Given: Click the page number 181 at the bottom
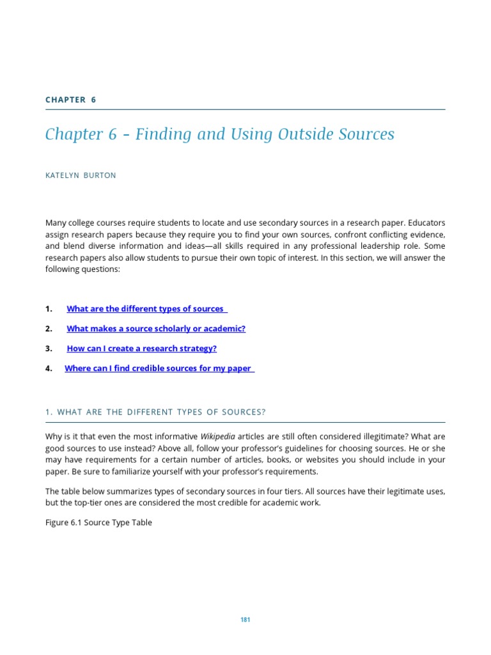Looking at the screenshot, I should pyautogui.click(x=245, y=620).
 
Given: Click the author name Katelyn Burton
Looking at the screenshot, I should pyautogui.click(x=81, y=175).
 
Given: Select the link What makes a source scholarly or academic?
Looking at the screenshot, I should pyautogui.click(x=156, y=329).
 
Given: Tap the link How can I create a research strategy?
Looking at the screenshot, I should pyautogui.click(x=142, y=349).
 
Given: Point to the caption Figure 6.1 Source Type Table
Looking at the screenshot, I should pyautogui.click(x=98, y=523).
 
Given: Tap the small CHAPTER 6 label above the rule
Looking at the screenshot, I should pyautogui.click(x=70, y=100).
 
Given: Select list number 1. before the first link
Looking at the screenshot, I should pyautogui.click(x=49, y=309).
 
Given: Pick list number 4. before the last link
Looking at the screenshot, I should pyautogui.click(x=49, y=368).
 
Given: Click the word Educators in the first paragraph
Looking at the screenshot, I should pyautogui.click(x=426, y=223).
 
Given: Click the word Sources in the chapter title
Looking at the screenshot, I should pyautogui.click(x=370, y=134).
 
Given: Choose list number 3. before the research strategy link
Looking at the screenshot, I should pyautogui.click(x=49, y=349).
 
